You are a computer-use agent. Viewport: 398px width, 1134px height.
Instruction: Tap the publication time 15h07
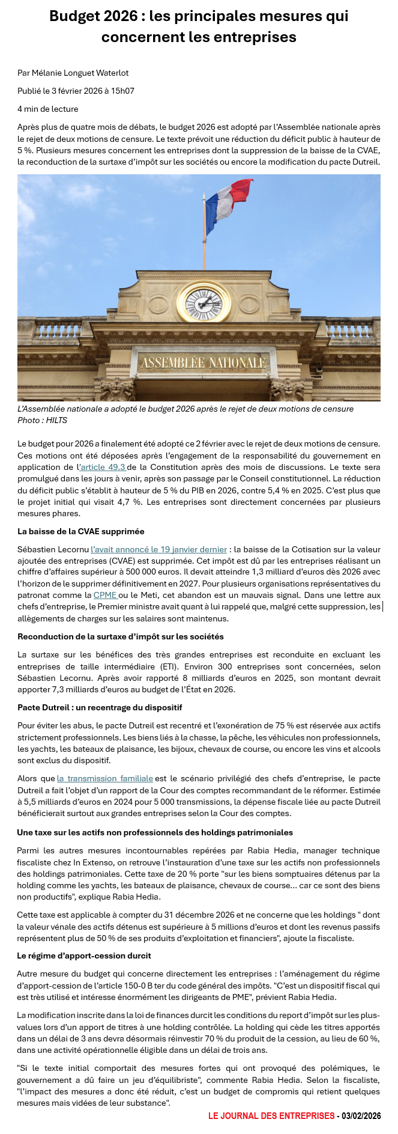point(122,91)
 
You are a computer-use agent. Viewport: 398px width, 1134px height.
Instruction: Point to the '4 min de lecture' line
point(47,109)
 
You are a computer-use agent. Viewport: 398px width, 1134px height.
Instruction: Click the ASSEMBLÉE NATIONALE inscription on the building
point(203,363)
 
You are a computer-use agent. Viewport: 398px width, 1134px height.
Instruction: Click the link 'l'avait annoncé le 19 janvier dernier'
point(158,549)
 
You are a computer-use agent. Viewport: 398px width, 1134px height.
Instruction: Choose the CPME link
point(106,595)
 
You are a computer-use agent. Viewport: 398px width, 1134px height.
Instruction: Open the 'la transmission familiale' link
point(105,778)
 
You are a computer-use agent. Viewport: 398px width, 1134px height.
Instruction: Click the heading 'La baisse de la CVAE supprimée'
point(80,531)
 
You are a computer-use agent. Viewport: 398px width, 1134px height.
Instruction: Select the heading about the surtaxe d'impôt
point(120,636)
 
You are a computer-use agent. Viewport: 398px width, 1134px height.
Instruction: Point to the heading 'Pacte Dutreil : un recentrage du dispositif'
point(100,707)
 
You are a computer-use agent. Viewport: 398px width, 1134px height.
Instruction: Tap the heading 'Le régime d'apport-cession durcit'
point(84,956)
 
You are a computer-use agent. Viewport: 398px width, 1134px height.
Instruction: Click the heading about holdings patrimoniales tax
point(155,832)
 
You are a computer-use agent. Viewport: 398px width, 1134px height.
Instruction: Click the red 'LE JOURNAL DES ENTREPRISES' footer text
point(271,1116)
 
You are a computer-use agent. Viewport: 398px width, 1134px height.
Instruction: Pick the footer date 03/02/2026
point(361,1116)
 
